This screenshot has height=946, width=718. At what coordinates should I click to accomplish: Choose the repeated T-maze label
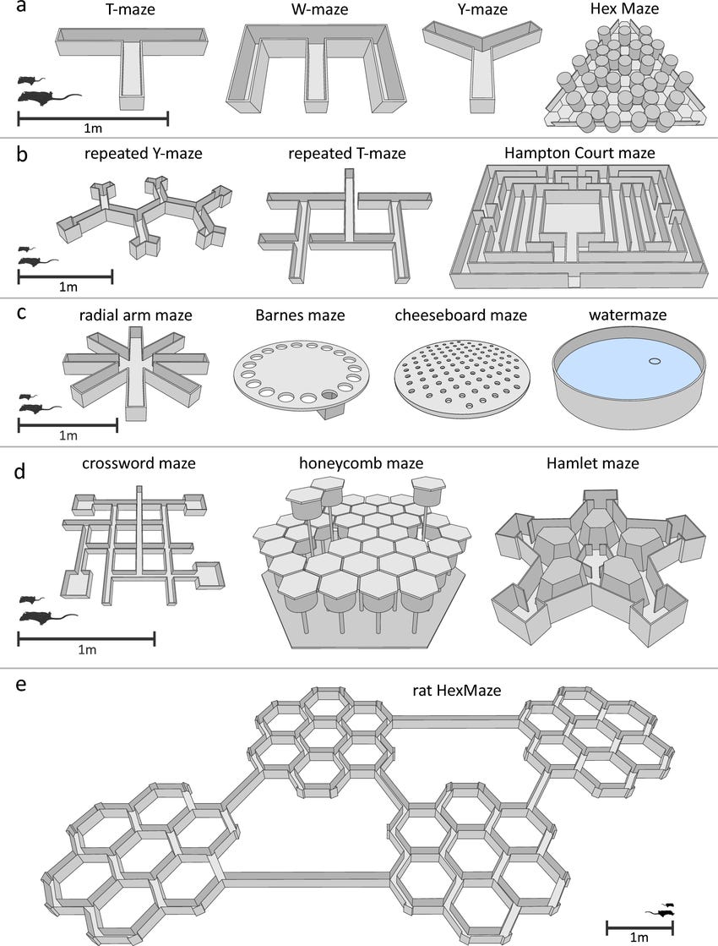pos(347,155)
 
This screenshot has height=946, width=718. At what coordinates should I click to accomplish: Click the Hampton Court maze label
pos(579,154)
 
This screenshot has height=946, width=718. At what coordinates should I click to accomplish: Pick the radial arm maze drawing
pos(135,369)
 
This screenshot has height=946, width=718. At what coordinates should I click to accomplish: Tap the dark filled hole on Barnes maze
pos(329,395)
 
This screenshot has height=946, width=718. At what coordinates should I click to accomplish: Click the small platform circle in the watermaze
pos(654,361)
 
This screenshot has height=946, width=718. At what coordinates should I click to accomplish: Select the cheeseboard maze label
pos(460,315)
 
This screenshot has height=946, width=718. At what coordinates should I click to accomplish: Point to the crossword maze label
pos(139,463)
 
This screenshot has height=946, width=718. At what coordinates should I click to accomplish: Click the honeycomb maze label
pos(361,463)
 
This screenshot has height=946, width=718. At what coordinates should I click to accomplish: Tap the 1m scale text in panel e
pos(639,937)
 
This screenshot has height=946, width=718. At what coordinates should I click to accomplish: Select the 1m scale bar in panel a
pos(93,118)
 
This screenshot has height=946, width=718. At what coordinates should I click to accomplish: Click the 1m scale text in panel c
pos(67,437)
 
